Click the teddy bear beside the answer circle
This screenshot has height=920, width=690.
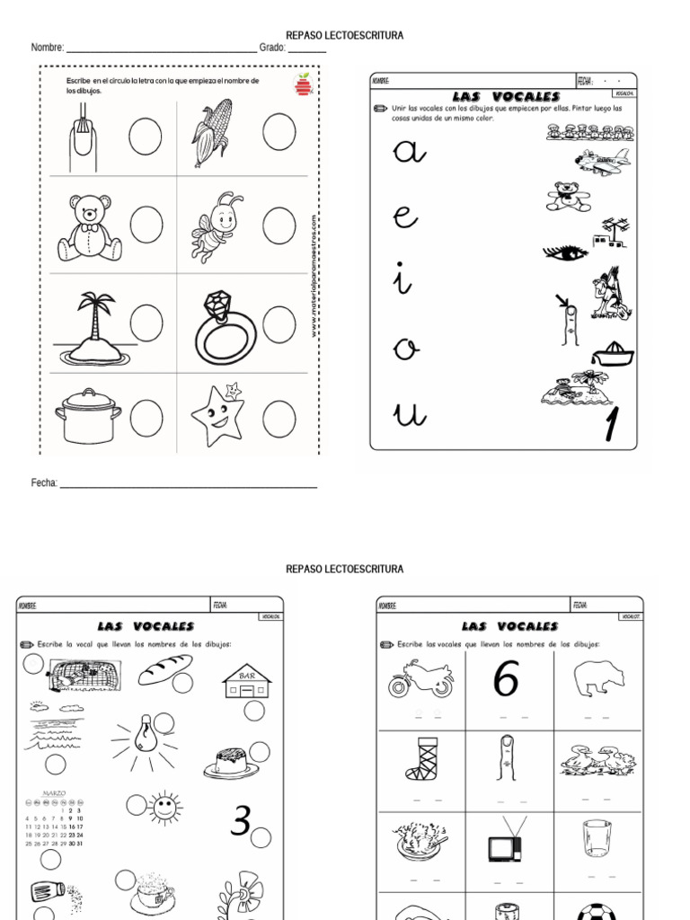pyautogui.click(x=89, y=228)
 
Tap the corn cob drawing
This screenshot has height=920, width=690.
pyautogui.click(x=212, y=133)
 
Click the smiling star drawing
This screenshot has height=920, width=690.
pyautogui.click(x=218, y=415)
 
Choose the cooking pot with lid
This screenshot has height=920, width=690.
pyautogui.click(x=88, y=415)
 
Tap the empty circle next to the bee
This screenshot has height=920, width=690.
pyautogui.click(x=279, y=225)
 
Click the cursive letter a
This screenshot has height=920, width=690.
pyautogui.click(x=410, y=154)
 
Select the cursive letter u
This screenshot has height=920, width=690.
pyautogui.click(x=410, y=414)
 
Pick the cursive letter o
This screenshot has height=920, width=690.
pyautogui.click(x=407, y=349)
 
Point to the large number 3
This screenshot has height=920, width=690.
pyautogui.click(x=240, y=821)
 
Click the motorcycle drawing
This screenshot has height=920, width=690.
pyautogui.click(x=420, y=679)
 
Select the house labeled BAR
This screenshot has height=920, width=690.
pyautogui.click(x=246, y=682)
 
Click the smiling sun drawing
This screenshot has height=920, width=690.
pyautogui.click(x=164, y=806)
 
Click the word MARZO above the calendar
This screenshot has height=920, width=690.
pyautogui.click(x=56, y=794)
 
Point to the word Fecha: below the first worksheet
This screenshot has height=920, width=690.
pyautogui.click(x=44, y=483)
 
